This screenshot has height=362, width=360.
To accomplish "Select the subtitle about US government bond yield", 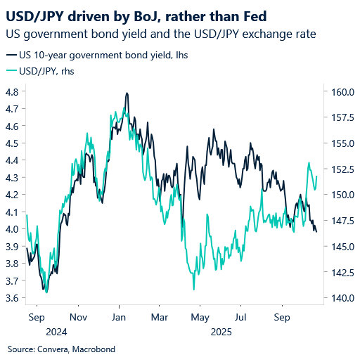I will click(x=160, y=33).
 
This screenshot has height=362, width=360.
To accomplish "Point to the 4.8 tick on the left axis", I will click(x=12, y=92).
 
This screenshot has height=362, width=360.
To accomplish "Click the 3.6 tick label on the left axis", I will click(x=12, y=298).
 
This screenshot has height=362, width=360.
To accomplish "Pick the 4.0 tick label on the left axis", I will click(x=12, y=229).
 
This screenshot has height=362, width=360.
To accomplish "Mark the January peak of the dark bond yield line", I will click(x=127, y=93).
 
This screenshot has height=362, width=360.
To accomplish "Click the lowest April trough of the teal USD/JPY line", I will click(x=193, y=289).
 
